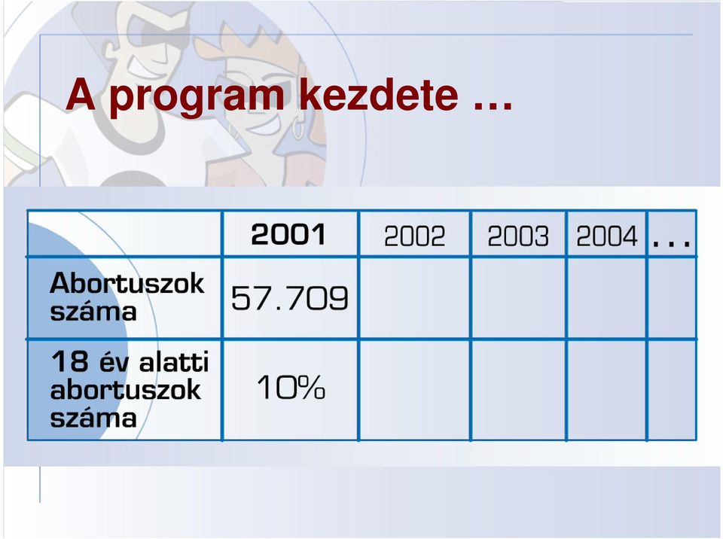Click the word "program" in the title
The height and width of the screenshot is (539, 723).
[197, 98]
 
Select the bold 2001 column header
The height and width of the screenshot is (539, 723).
[288, 234]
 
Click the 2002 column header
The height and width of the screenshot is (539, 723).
[414, 236]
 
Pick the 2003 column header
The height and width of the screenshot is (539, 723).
[518, 236]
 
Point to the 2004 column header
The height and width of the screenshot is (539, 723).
[607, 236]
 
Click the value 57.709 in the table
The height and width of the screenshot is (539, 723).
[289, 298]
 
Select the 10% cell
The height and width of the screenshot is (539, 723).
[291, 387]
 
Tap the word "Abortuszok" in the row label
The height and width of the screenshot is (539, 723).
[127, 282]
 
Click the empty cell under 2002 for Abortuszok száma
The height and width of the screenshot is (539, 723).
[414, 298]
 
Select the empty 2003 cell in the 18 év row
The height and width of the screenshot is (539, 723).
[519, 390]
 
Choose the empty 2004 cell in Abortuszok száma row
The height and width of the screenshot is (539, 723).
[607, 298]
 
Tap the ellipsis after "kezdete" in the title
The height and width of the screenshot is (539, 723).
[493, 106]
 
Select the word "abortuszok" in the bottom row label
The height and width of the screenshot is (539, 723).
[126, 390]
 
